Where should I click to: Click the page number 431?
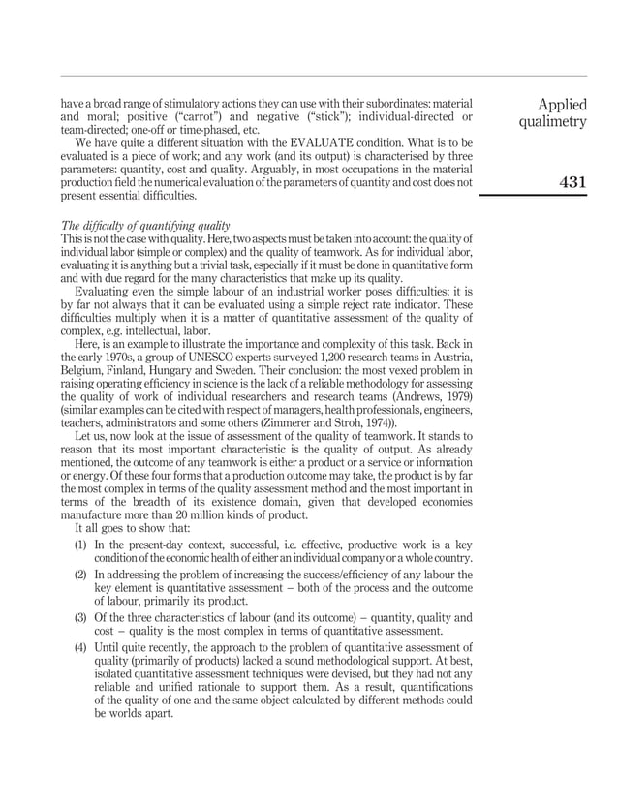pyautogui.click(x=572, y=182)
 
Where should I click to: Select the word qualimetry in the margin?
pyautogui.click(x=552, y=123)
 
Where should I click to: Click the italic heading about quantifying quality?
pyautogui.click(x=146, y=225)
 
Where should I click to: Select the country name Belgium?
pyautogui.click(x=83, y=369)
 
